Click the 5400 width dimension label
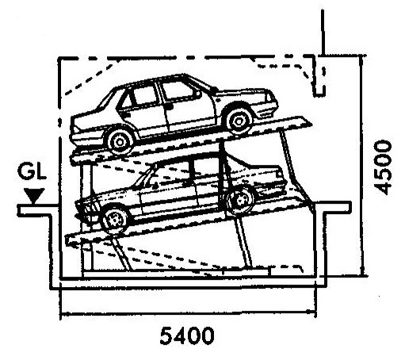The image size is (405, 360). [x=187, y=335]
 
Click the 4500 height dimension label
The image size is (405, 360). [x=383, y=167]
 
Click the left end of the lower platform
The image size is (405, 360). [x=67, y=240]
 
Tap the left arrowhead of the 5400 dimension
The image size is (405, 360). [x=62, y=314]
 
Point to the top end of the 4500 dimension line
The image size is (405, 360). [x=362, y=56]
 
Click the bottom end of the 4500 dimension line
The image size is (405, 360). [x=362, y=276]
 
